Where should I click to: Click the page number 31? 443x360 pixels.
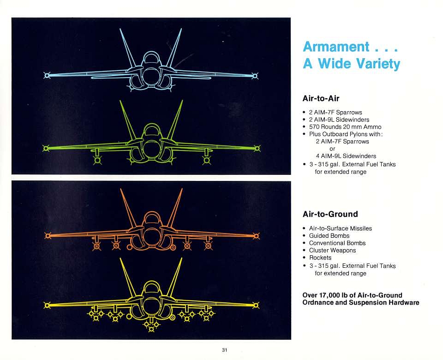pos(224,350)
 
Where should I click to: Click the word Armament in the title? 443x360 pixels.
pos(336,47)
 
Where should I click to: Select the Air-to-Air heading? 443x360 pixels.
pos(321,98)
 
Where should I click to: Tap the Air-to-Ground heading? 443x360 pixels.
pos(330,214)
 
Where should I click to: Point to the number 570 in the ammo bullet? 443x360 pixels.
pos(314,127)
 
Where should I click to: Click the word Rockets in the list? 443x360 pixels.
pos(320,258)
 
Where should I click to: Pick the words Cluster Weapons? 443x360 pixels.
pos(332,250)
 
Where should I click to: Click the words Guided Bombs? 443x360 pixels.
pos(329,236)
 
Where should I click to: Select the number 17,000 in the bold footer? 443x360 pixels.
pos(329,295)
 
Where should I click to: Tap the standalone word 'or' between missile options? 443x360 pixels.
pos(332,149)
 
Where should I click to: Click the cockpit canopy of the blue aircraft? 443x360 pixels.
pos(151,59)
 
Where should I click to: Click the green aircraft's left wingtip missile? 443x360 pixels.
pos(46,148)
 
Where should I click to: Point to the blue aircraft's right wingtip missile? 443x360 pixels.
pos(255,76)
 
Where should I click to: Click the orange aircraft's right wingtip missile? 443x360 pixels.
pos(256,236)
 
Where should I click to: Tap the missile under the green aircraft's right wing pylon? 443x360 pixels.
pos(207,161)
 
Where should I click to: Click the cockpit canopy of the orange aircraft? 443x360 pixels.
pos(151,218)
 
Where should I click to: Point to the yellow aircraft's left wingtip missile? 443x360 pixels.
pos(47,305)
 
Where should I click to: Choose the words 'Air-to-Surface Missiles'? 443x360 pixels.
pos(341,228)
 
